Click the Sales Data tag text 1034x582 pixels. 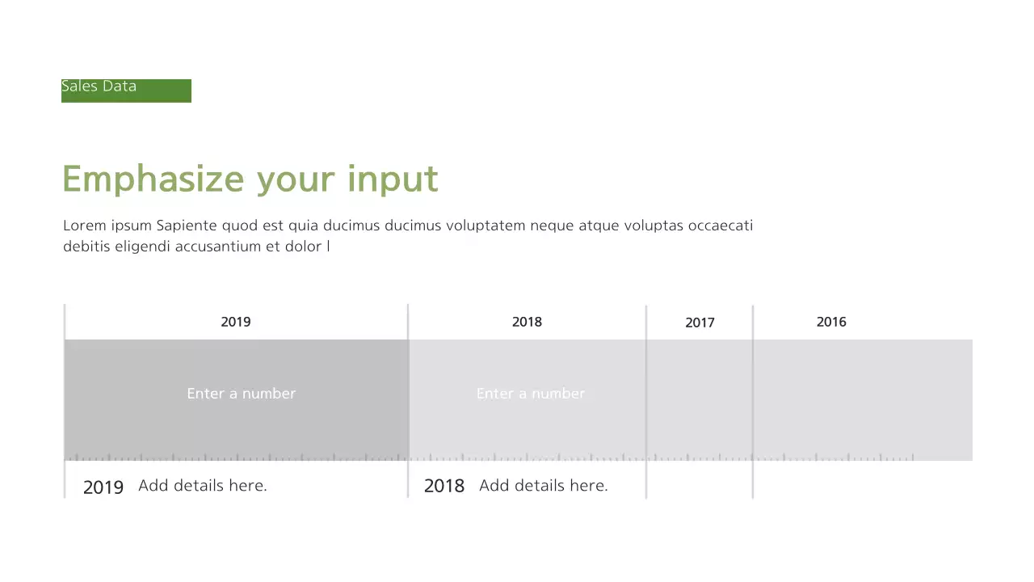99,86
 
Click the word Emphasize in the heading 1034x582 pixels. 153,179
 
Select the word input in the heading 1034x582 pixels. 393,179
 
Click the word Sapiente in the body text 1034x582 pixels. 187,226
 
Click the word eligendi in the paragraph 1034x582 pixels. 142,247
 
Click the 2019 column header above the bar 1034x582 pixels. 236,322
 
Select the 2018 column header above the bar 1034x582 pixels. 527,322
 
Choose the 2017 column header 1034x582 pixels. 700,323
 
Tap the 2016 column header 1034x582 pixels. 831,322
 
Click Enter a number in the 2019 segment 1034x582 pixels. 241,394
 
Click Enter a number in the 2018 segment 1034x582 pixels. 530,394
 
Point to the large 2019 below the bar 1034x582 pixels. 103,487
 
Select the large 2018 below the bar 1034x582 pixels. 444,486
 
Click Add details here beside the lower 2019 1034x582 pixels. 202,486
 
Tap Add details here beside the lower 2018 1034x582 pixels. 543,486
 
